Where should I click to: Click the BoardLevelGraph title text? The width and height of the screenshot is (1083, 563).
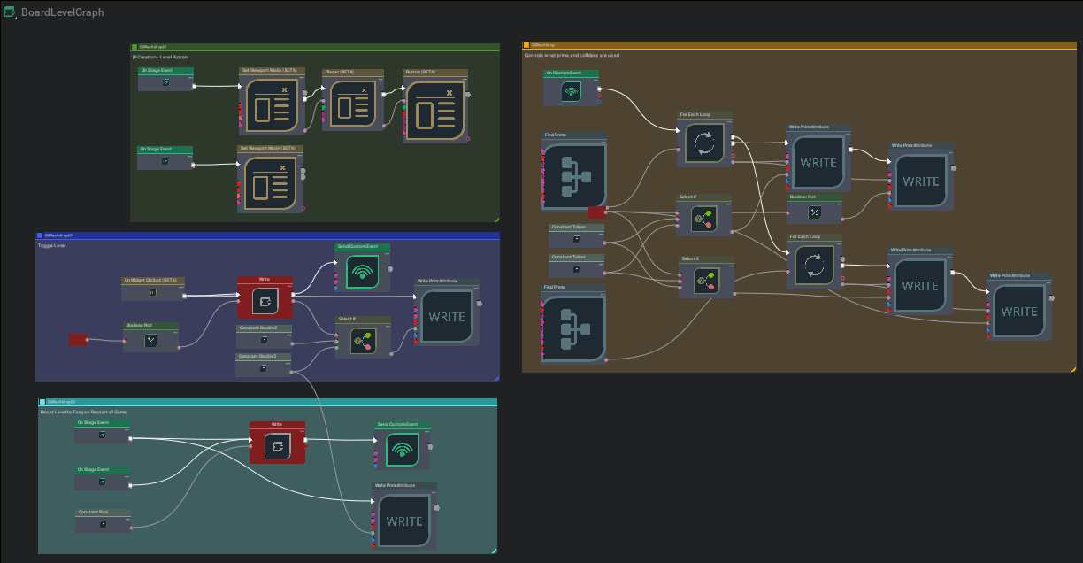[x=62, y=12]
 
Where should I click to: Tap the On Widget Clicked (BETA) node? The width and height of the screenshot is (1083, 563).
[x=152, y=290]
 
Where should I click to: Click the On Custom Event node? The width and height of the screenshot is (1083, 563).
[x=571, y=89]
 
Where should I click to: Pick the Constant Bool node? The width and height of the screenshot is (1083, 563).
[x=103, y=522]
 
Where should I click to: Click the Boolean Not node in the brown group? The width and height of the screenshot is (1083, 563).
[x=814, y=212]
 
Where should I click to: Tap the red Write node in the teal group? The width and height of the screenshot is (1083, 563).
[x=277, y=445]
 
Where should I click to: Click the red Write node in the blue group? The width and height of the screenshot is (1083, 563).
[x=265, y=299]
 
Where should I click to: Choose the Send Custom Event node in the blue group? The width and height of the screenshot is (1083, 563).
[x=363, y=270]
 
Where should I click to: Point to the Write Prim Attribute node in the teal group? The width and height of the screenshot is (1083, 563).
[x=403, y=519]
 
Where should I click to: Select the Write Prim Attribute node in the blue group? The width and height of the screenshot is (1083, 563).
[x=446, y=315]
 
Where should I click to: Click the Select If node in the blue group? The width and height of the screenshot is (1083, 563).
[x=363, y=339]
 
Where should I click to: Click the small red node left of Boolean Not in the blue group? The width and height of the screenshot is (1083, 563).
[x=78, y=340]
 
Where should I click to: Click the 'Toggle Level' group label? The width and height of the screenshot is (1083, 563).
[x=52, y=245]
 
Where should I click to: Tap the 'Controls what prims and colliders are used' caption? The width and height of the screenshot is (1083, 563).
[x=572, y=55]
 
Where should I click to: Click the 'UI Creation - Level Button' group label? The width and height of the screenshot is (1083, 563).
[x=160, y=57]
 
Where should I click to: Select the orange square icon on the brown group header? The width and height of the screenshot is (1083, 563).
[x=526, y=44]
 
